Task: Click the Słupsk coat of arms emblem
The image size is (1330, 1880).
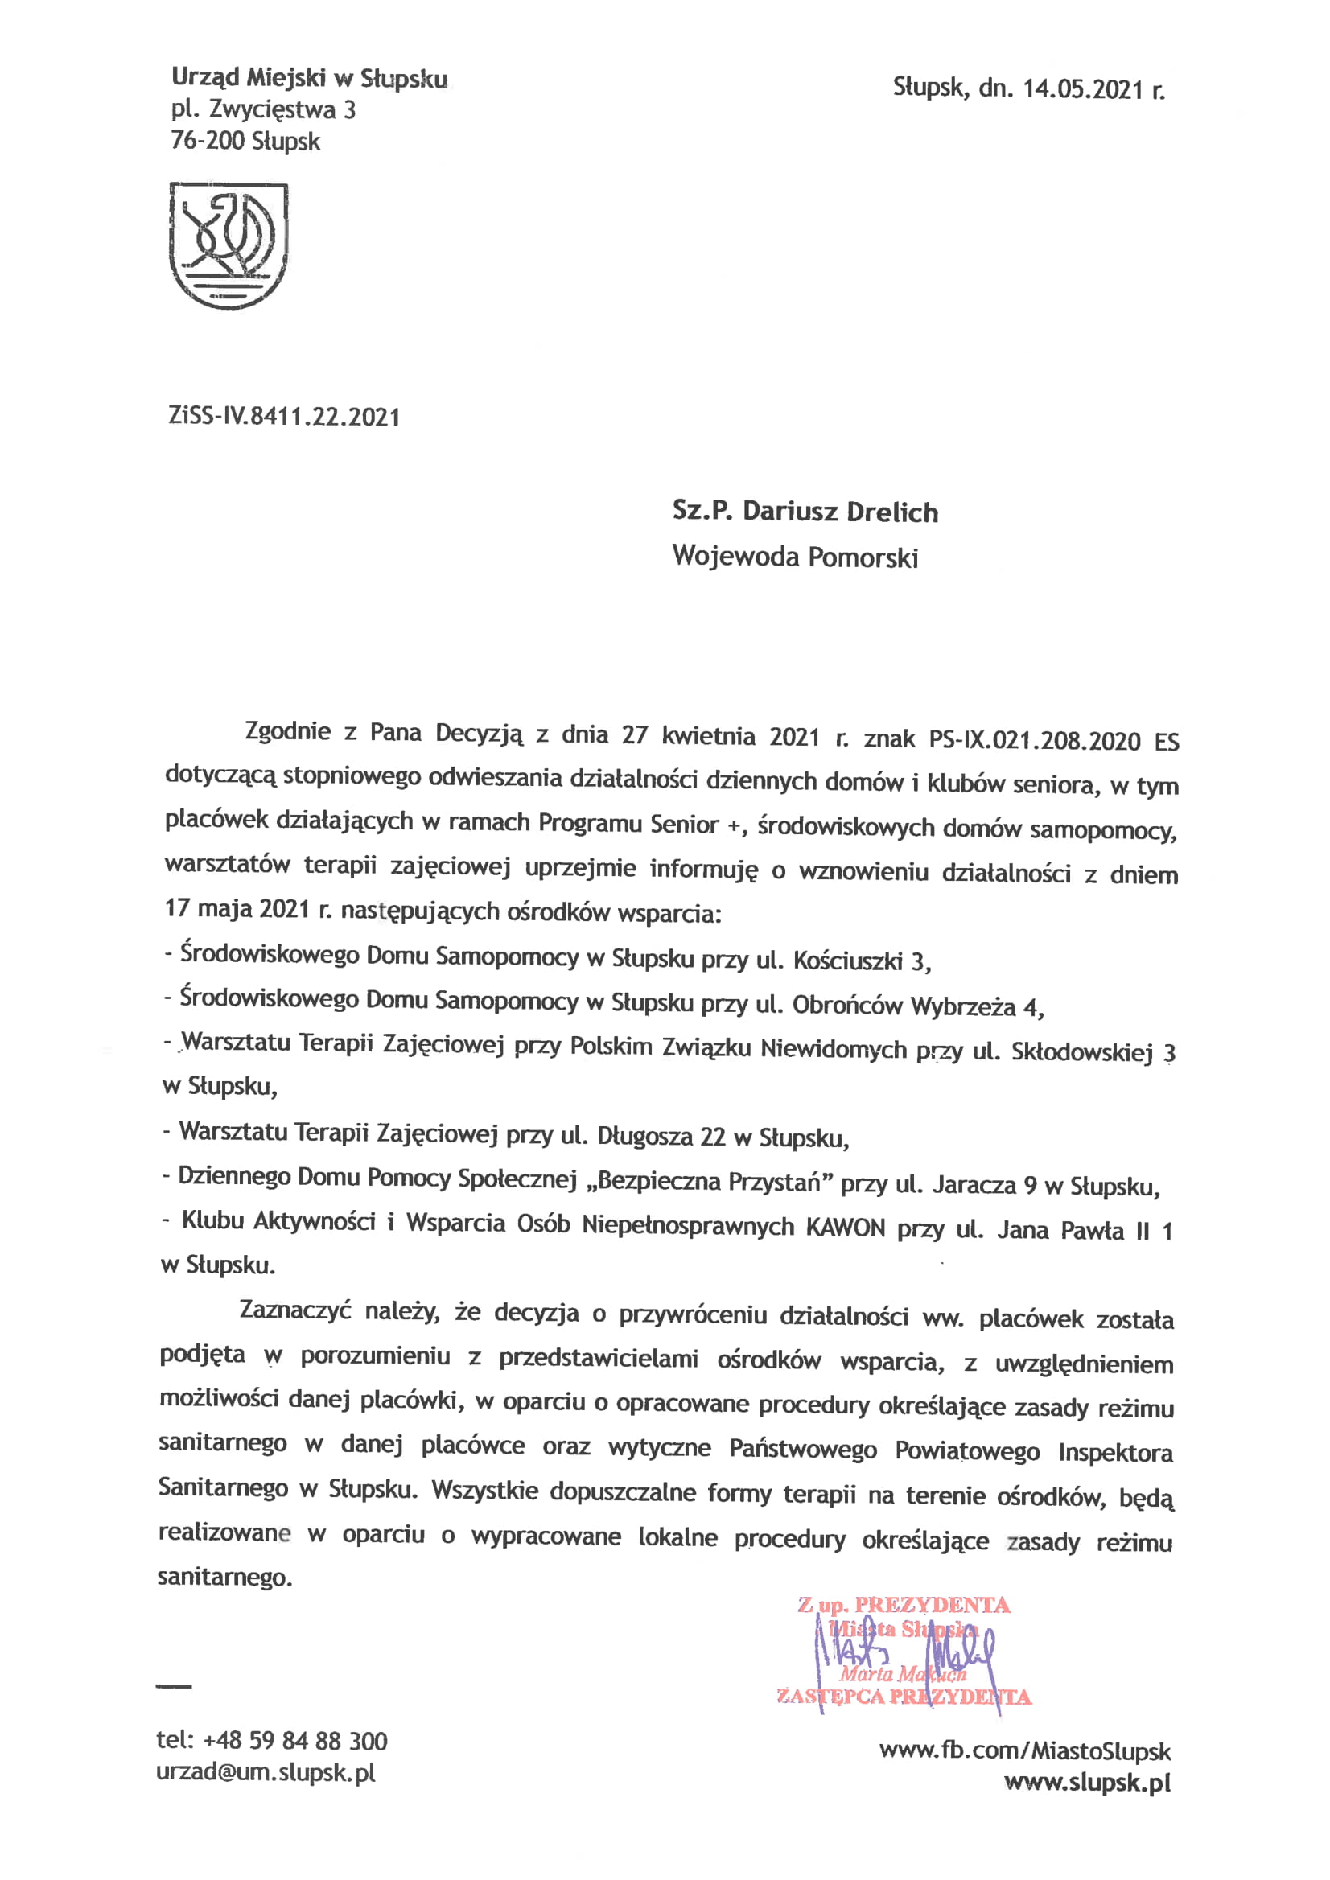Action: [228, 245]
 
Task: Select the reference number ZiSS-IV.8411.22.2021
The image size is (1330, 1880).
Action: [284, 417]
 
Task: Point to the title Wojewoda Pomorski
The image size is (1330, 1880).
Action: [795, 557]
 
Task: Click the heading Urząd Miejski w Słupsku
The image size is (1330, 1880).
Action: [310, 79]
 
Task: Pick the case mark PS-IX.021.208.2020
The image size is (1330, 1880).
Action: [1035, 741]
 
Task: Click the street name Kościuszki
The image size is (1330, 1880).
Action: [847, 961]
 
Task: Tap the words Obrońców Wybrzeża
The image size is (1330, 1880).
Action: [904, 1006]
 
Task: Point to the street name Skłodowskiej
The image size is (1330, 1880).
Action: [1082, 1051]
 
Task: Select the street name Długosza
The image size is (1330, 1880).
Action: [647, 1137]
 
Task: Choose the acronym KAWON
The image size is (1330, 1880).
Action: [845, 1228]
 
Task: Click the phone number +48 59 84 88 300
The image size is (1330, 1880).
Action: [294, 1741]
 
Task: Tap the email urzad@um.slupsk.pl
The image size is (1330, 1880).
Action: [266, 1773]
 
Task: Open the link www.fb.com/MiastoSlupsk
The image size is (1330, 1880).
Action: [1024, 1751]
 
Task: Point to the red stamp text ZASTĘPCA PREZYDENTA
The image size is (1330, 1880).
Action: [904, 1697]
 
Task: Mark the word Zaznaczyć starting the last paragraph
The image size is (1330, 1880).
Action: [294, 1310]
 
